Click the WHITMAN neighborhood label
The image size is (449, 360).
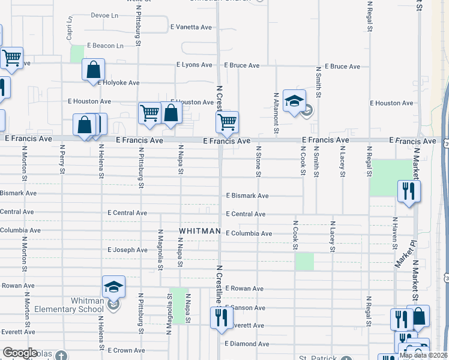200,231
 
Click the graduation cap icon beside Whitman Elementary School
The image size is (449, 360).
113,287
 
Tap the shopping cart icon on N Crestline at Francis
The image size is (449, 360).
227,122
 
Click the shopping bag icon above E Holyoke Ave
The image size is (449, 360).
93,70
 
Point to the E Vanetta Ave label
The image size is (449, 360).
191,27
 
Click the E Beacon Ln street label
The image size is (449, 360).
105,46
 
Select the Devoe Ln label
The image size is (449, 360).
104,15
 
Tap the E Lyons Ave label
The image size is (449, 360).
194,65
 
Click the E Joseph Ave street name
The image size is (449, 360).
127,250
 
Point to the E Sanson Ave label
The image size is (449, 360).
245,308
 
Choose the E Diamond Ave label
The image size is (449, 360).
247,344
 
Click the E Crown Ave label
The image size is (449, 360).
125,350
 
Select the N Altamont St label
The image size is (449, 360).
276,112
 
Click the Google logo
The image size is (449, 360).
20,353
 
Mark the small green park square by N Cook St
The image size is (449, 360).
304,261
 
